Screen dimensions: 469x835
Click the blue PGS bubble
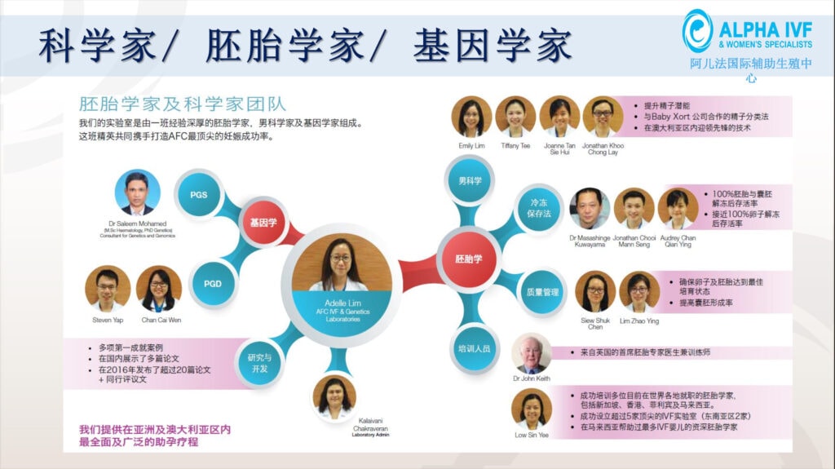199,195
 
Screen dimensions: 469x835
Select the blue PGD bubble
201,284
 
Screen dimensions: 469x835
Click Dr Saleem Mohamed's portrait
137,193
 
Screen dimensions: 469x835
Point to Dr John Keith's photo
531,353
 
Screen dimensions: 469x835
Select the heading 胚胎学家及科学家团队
182,104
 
